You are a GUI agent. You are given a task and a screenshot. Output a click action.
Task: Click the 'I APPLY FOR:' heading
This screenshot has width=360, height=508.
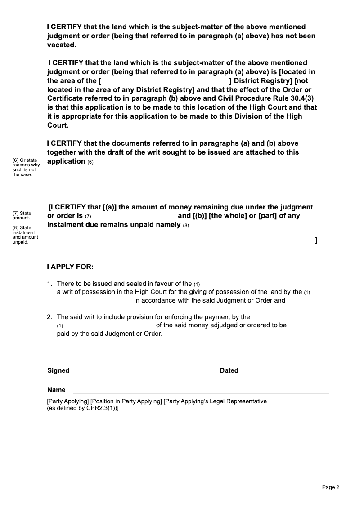[x=70, y=267]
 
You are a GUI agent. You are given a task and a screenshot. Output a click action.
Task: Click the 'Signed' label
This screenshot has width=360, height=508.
[x=58, y=370]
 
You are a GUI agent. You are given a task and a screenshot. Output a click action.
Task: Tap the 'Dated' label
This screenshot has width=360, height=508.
[x=229, y=370]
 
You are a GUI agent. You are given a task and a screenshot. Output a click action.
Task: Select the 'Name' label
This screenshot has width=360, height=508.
[x=56, y=390]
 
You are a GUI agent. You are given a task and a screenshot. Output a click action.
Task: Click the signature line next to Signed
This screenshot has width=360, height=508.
[x=144, y=377]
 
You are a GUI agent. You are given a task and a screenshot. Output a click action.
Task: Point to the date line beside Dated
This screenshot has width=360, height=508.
[x=285, y=377]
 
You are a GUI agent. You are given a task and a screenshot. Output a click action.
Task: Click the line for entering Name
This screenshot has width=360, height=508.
[x=201, y=392]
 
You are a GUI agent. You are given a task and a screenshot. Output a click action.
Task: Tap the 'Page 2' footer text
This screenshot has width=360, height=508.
[x=331, y=487]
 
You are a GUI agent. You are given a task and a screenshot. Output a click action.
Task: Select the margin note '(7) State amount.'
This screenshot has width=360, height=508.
[x=22, y=215]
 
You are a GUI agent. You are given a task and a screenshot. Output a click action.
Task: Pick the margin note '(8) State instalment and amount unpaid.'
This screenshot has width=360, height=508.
[x=25, y=235]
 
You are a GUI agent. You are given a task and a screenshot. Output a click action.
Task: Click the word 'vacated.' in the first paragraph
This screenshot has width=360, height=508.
[x=62, y=45]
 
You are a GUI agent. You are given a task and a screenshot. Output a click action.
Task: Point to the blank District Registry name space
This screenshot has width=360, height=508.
[x=164, y=81]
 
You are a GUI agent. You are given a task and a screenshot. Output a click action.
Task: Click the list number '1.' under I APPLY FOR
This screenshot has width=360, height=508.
[x=50, y=284]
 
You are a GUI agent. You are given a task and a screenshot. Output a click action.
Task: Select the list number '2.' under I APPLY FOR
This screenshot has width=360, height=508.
[x=50, y=317]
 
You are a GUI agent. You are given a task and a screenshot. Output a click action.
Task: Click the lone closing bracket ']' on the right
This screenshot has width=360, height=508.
[x=316, y=241]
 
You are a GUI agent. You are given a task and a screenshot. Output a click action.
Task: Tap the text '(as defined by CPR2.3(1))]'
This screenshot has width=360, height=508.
[x=83, y=409]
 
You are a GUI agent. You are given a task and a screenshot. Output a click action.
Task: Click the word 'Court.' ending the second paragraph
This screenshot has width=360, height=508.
[x=57, y=125]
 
